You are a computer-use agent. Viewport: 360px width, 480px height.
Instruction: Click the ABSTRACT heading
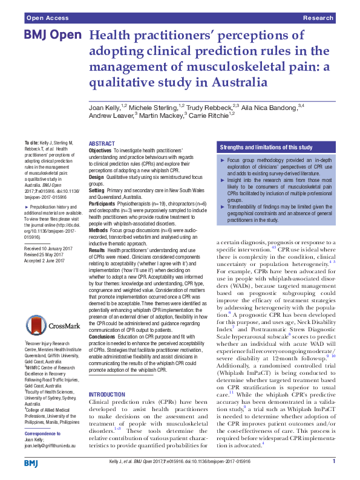pyautogui.click(x=101, y=143)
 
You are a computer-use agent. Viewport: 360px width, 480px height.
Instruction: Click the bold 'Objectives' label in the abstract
pyautogui.click(x=100, y=149)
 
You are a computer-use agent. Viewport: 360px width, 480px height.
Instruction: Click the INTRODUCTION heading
pyautogui.click(x=106, y=376)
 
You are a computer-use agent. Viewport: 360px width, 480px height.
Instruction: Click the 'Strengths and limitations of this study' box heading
pyautogui.click(x=266, y=147)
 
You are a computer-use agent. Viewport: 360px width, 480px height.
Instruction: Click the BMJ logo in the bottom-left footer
pyautogui.click(x=31, y=462)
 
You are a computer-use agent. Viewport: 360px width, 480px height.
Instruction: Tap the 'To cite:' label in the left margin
pyautogui.click(x=30, y=143)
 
